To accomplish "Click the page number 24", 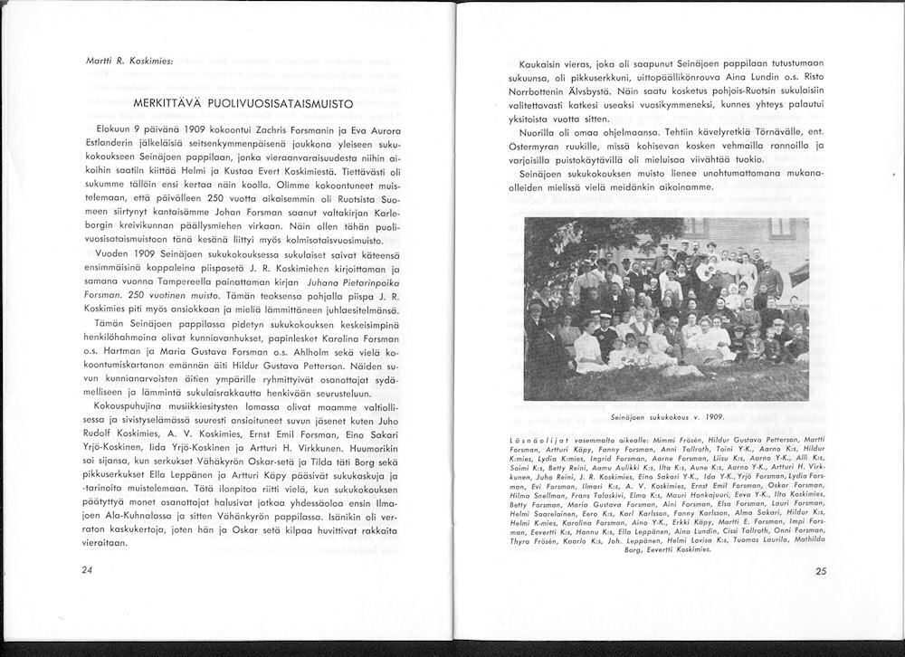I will point(87,570).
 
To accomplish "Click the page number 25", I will point(821,571).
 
